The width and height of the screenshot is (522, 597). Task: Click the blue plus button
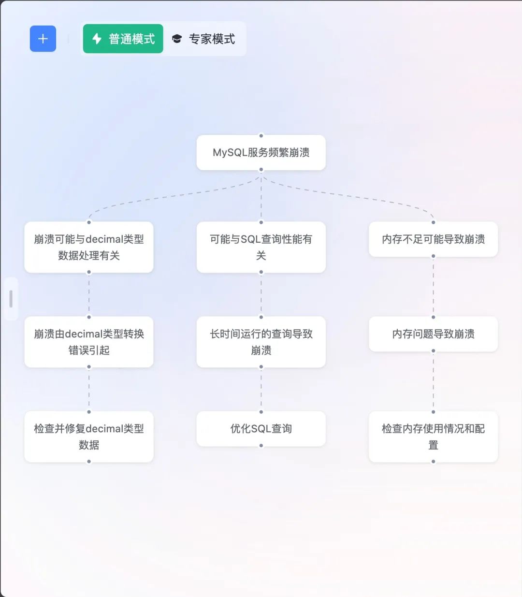coord(43,39)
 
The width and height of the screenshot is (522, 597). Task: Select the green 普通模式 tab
coord(123,39)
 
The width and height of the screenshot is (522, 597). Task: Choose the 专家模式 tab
coord(204,39)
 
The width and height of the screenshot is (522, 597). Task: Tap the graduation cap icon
coord(177,39)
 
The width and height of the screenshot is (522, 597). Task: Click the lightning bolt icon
coord(97,39)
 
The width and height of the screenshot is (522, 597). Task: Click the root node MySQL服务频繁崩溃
coord(261,152)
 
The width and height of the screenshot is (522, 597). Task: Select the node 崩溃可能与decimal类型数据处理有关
coord(89,247)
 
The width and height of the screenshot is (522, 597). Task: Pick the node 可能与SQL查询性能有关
coord(261,247)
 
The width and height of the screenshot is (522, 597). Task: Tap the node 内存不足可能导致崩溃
coord(433,239)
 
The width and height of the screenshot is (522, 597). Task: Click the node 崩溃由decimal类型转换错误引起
coord(89,342)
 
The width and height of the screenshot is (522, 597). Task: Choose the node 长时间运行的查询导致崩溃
coord(261,342)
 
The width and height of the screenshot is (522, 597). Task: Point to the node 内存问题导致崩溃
coord(433,334)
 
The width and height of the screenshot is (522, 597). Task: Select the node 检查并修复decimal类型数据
coord(89,437)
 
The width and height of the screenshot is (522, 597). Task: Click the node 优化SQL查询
coord(261,429)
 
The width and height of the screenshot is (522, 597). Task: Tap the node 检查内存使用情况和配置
coord(433,437)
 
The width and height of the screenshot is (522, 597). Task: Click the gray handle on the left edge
coord(11,299)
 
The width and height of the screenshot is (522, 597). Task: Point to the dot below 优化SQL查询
coord(261,446)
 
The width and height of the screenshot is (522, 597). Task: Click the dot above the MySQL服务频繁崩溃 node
coord(261,135)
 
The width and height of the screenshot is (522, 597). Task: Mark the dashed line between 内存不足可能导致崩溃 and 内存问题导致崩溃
coord(433,286)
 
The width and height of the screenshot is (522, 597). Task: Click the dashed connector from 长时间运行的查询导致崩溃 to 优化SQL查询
coord(261,389)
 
